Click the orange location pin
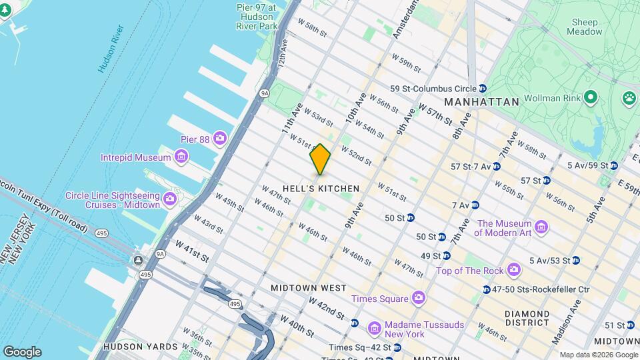coord(320,159)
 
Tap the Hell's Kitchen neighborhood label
coord(321,189)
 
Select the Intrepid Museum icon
coord(180,157)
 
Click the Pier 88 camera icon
coord(219,139)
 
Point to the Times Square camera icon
coord(418,297)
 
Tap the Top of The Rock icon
coord(513,270)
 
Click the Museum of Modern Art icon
coord(541,228)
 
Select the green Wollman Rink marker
coord(589,98)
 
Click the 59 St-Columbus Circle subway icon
coord(479,89)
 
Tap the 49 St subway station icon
coord(446,255)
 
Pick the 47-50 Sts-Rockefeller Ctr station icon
coord(486,289)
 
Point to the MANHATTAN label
coord(481,102)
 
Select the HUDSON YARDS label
coord(141,347)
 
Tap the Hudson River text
coord(111,49)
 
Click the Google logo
coord(22,351)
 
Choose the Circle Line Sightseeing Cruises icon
coord(169,199)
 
